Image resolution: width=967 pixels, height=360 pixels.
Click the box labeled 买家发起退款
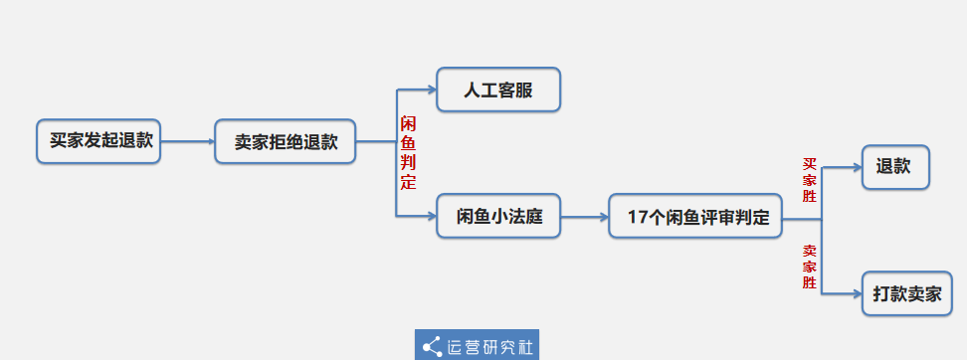click(x=98, y=141)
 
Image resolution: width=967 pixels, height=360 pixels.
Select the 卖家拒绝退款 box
click(x=286, y=141)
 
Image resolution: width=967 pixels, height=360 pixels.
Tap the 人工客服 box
click(x=498, y=90)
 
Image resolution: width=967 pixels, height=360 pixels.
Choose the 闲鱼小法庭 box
click(x=498, y=216)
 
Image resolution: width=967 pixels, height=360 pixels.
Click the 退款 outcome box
click(x=894, y=167)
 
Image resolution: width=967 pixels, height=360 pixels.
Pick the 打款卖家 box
click(x=906, y=293)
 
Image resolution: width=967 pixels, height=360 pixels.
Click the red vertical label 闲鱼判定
click(x=408, y=152)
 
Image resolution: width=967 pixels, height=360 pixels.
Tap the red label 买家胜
click(x=810, y=180)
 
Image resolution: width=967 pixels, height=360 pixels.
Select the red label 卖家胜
click(x=810, y=267)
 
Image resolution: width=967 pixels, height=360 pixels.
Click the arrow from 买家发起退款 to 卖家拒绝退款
click(x=187, y=141)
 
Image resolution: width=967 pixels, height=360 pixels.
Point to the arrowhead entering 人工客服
click(x=431, y=90)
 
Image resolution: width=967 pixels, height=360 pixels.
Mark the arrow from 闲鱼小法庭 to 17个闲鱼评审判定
click(x=585, y=216)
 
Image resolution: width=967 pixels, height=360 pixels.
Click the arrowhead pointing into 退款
click(x=856, y=167)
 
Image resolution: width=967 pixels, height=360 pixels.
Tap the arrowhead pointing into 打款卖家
click(x=856, y=293)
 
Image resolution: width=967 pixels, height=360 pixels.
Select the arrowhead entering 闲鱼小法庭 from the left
click(x=431, y=216)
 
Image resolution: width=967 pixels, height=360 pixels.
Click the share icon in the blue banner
click(x=432, y=346)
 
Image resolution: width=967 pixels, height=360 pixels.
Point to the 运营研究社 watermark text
click(x=490, y=346)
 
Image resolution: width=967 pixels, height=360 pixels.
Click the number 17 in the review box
click(x=638, y=217)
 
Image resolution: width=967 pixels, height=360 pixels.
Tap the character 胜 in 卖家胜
click(x=810, y=283)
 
